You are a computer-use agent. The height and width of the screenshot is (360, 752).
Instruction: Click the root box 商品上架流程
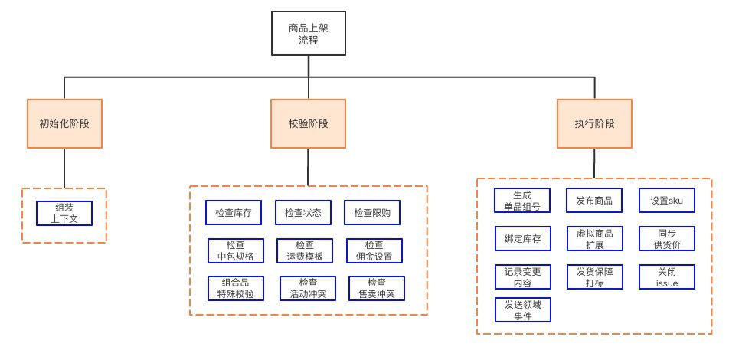point(308,34)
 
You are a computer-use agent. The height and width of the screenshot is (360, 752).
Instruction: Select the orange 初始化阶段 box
point(64,123)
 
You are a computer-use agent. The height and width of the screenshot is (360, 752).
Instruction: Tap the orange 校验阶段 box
point(308,123)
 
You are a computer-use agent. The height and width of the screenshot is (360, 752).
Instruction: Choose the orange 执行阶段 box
point(594,123)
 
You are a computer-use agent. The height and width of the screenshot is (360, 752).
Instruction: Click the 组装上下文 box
point(64,213)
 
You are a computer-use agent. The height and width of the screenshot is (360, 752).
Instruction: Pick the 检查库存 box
point(234,213)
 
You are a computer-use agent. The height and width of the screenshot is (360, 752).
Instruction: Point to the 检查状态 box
point(302,213)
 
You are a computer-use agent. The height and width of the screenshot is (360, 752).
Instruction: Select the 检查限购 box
point(371,213)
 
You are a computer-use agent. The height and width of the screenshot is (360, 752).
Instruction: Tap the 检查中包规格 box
point(236,250)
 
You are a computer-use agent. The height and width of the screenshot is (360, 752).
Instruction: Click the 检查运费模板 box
point(305,250)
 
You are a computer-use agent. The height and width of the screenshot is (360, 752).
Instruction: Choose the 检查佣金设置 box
point(374,250)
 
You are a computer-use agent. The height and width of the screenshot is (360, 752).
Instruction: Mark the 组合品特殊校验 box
point(236,288)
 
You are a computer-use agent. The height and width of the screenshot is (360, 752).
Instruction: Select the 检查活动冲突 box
point(307,288)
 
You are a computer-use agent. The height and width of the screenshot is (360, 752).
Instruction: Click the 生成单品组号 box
point(522,201)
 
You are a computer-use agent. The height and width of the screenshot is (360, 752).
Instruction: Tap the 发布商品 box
point(594,201)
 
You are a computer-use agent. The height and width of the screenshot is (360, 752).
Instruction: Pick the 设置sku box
point(667,201)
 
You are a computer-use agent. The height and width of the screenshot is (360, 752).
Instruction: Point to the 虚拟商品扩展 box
point(594,239)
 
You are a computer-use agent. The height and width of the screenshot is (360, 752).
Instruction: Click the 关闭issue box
point(667,277)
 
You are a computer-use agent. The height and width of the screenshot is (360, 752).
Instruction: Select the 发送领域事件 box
point(522,309)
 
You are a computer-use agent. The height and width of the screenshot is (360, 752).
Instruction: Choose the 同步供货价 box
point(667,239)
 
